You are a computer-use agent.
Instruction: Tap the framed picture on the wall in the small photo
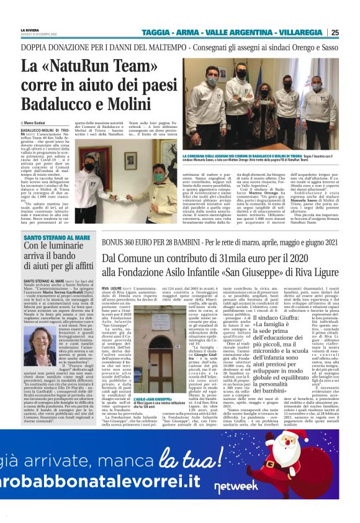130,158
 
